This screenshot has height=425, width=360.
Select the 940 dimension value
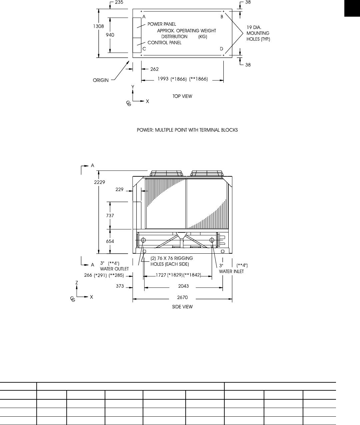pyautogui.click(x=110, y=35)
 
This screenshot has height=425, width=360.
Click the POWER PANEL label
pyautogui.click(x=162, y=24)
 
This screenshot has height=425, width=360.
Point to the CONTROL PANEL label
pyautogui.click(x=164, y=43)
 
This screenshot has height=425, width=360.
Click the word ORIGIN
pyautogui.click(x=101, y=80)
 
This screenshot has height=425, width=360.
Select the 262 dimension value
pyautogui.click(x=154, y=69)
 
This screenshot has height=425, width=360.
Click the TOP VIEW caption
pyautogui.click(x=182, y=96)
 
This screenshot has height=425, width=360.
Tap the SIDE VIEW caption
pyautogui.click(x=182, y=307)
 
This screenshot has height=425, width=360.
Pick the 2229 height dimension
pyautogui.click(x=99, y=182)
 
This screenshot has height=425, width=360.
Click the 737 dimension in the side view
pyautogui.click(x=110, y=216)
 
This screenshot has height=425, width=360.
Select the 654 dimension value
pyautogui.click(x=110, y=241)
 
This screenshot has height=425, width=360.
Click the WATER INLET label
pyautogui.click(x=231, y=271)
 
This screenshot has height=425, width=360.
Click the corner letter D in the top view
pyautogui.click(x=221, y=49)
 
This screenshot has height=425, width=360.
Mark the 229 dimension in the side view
pyautogui.click(x=120, y=190)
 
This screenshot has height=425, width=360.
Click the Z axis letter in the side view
pyautogui.click(x=77, y=282)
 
